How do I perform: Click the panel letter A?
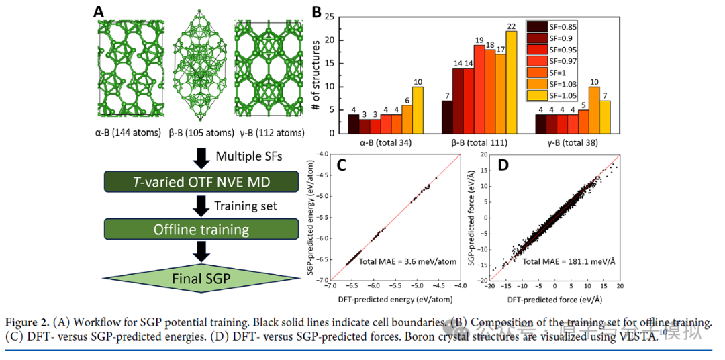point(99,12)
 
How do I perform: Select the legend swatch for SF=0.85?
point(536,27)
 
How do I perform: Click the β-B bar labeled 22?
point(512,82)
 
